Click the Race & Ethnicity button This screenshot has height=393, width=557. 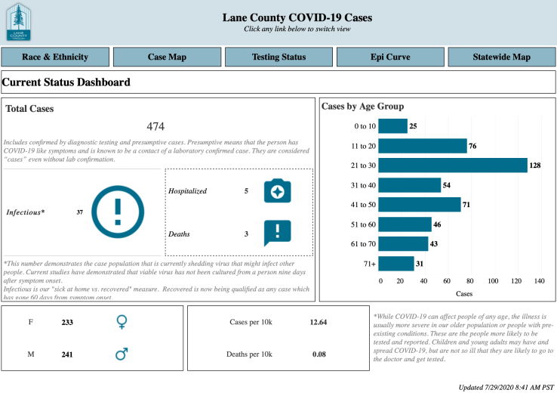tap(55, 57)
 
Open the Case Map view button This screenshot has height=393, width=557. tap(167, 57)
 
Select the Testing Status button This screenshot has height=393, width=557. tap(278, 57)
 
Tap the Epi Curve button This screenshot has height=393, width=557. tap(389, 57)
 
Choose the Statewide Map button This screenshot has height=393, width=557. tap(501, 57)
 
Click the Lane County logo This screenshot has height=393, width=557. tap(19, 22)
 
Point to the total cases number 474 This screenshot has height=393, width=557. tap(155, 126)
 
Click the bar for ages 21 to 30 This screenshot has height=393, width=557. tap(452, 165)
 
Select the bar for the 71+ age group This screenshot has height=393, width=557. tap(395, 263)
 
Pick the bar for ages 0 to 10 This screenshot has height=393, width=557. tap(392, 126)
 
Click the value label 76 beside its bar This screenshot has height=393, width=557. tap(472, 146)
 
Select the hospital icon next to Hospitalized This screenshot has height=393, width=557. tap(277, 191)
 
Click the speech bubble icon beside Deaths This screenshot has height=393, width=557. tap(277, 233)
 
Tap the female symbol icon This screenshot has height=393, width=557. tap(122, 322)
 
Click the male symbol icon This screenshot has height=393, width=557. tap(122, 353)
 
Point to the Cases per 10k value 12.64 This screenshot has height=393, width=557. tap(318, 323)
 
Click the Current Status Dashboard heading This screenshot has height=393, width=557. tap(66, 82)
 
